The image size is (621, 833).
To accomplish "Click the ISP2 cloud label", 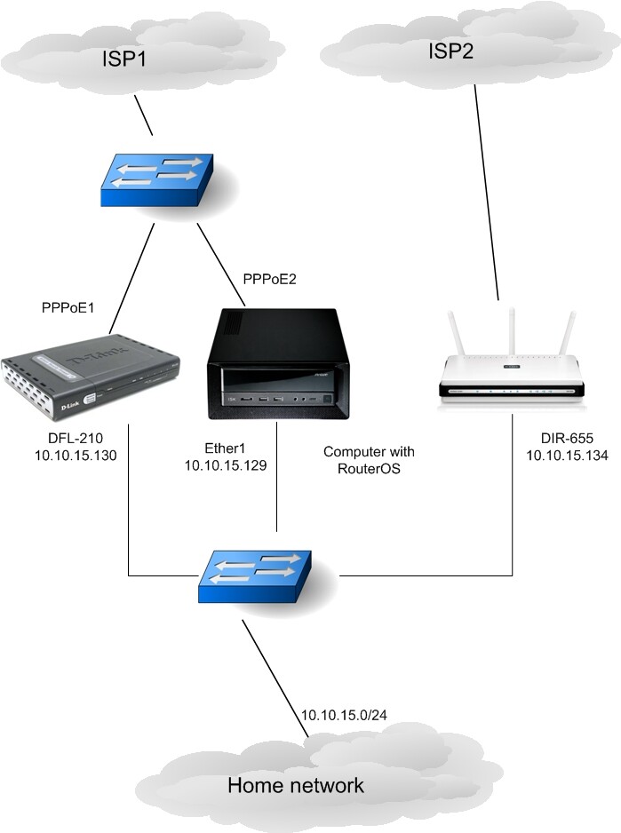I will click(x=451, y=51).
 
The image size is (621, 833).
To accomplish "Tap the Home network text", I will click(x=296, y=785).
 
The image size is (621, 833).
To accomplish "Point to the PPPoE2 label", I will click(x=269, y=280).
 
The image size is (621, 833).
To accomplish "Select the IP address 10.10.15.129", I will click(x=225, y=465).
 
